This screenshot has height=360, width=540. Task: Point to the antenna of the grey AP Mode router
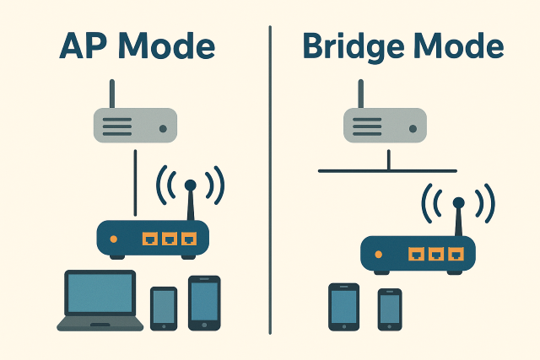pos(112,94)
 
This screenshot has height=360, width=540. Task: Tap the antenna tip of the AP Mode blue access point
pos(190,184)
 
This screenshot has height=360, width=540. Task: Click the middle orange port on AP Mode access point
pos(170,238)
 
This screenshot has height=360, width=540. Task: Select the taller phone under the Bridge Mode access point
pos(343,306)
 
